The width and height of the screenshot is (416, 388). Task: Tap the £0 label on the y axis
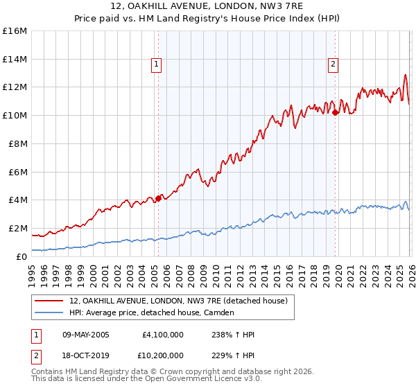(x=21, y=256)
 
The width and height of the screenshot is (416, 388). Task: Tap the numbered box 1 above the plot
(x=157, y=64)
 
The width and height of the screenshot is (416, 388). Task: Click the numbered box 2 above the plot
(x=333, y=64)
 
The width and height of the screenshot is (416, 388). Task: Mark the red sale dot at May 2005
(x=158, y=198)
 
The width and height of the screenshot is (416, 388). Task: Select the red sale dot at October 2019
(x=335, y=112)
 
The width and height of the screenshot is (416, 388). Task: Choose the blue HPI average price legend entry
(x=152, y=312)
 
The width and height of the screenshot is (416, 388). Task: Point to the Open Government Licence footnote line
(x=147, y=379)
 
